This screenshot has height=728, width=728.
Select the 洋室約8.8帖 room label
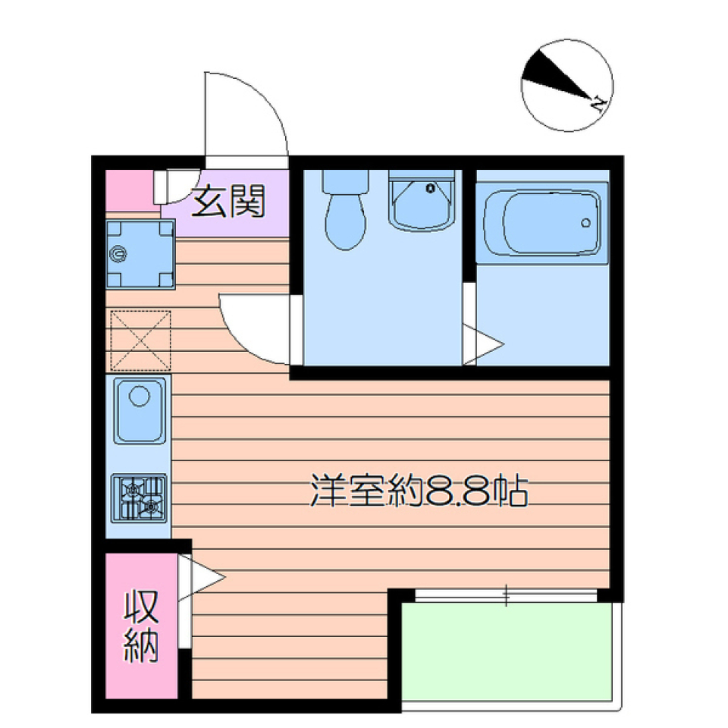point(419,491)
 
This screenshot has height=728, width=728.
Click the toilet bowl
point(345,217)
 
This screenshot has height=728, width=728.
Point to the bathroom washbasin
point(422,200)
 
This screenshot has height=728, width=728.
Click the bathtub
point(542,221)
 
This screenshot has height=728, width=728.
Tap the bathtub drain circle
point(585,222)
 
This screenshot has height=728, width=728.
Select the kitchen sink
point(140,409)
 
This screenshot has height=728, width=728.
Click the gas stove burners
point(140,498)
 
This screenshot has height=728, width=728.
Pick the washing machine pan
point(140,254)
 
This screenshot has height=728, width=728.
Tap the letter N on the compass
point(598,102)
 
